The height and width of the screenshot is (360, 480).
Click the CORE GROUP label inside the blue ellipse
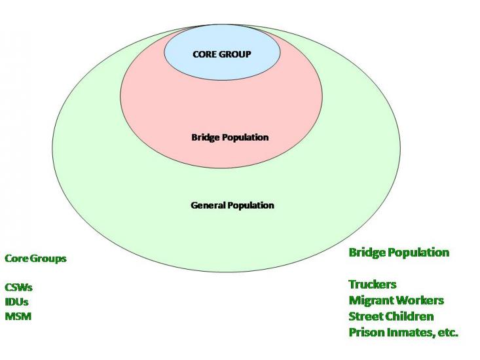[x=221, y=54]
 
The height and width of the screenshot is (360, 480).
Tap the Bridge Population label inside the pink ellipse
[x=230, y=137]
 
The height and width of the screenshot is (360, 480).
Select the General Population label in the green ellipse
[x=232, y=205]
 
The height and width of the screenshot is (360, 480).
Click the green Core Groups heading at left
[x=35, y=258]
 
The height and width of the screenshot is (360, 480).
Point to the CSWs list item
[x=18, y=287]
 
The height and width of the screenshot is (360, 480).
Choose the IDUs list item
[x=16, y=302]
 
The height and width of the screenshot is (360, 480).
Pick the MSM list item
[x=18, y=316]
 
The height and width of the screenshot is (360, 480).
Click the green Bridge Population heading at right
[x=399, y=252]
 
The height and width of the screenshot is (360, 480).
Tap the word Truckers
[x=373, y=284]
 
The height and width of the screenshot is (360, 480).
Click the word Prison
[x=365, y=332]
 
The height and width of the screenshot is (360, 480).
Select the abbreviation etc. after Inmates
[x=448, y=332]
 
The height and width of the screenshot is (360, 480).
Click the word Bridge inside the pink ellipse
[x=205, y=137]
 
